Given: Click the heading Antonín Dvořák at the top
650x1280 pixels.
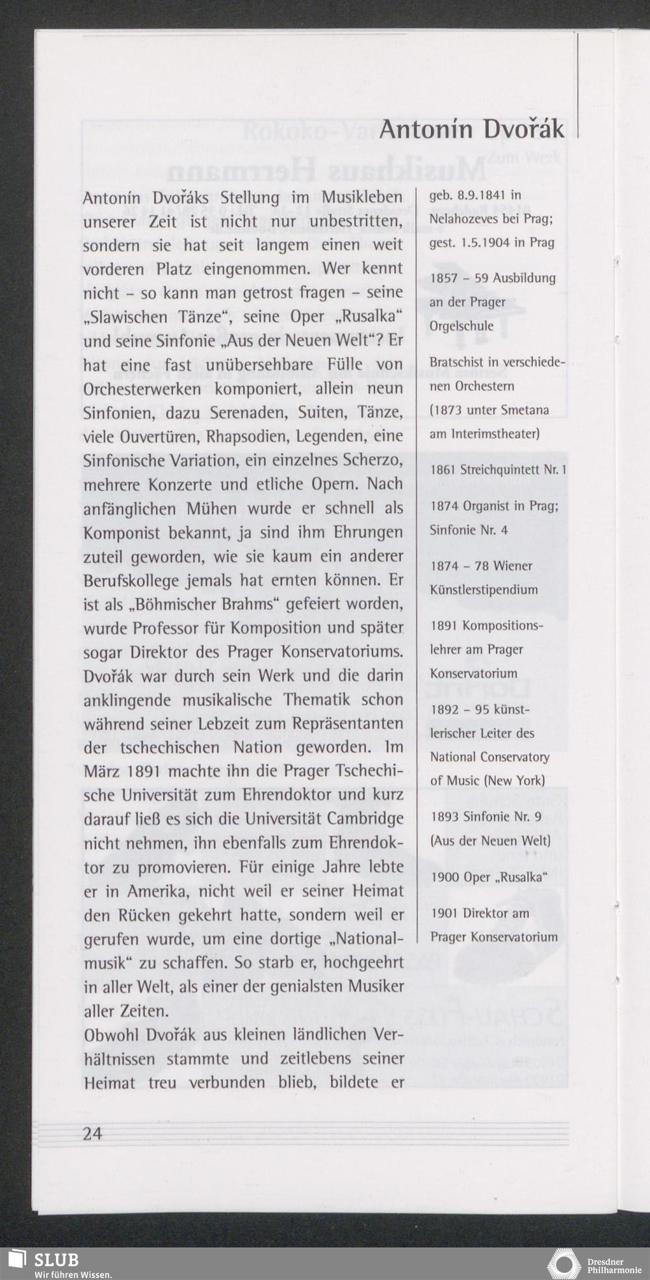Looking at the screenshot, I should click(x=472, y=129).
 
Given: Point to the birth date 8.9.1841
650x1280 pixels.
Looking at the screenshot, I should click(x=478, y=195).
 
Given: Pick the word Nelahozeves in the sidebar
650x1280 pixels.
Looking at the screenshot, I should click(x=462, y=219).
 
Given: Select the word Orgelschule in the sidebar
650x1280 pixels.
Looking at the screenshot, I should click(x=461, y=326).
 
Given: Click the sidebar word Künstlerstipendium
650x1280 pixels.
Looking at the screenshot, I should click(x=484, y=590).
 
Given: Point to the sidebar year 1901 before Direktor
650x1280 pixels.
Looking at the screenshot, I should click(x=444, y=913).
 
